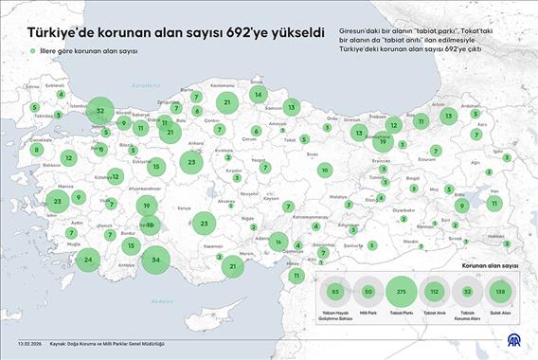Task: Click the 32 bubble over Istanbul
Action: [x=101, y=111]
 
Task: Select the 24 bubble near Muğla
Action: [x=89, y=260]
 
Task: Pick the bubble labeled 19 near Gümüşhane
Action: [x=382, y=142]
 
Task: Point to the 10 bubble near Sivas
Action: [x=325, y=171]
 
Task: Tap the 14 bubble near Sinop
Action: [x=258, y=95]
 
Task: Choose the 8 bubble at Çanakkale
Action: [x=37, y=149]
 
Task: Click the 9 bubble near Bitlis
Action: [x=463, y=205]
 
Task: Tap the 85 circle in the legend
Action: [x=335, y=292]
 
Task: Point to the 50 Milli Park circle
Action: [x=368, y=292]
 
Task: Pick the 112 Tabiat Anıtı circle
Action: [x=435, y=292]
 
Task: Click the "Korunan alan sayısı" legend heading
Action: [x=489, y=268]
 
